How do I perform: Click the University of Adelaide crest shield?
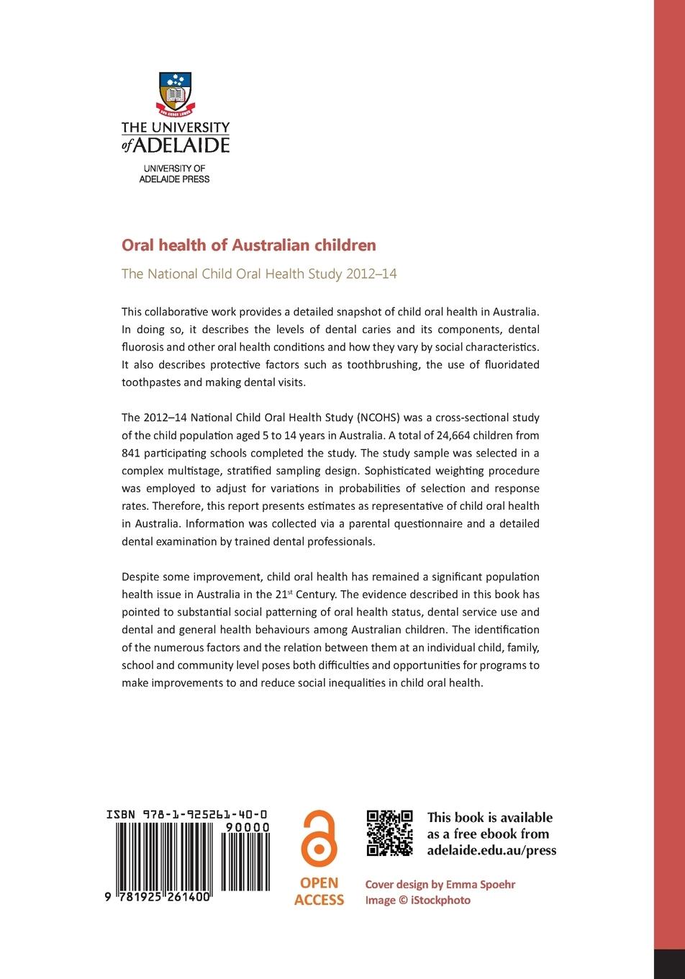click(174, 93)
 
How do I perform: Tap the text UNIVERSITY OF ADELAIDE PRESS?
click(174, 173)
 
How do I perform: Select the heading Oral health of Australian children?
click(249, 245)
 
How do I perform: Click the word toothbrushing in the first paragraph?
click(383, 365)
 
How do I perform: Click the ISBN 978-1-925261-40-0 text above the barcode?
click(189, 814)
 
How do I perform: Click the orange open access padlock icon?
click(319, 839)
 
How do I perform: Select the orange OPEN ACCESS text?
click(319, 891)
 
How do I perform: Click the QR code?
click(390, 833)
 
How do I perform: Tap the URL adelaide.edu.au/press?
click(491, 850)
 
